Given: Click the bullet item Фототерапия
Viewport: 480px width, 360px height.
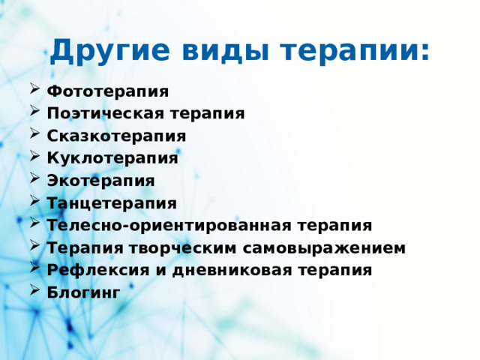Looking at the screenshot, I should (x=107, y=91).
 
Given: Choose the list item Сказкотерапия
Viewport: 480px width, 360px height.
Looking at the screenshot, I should (x=116, y=136).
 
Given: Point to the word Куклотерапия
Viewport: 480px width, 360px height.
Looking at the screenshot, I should (x=112, y=159).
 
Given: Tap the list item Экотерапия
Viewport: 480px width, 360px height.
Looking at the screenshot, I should (x=100, y=181).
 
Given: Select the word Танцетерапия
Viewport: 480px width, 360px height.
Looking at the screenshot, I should (x=112, y=203).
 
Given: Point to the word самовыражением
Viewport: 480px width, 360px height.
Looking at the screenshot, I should (x=327, y=248).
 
